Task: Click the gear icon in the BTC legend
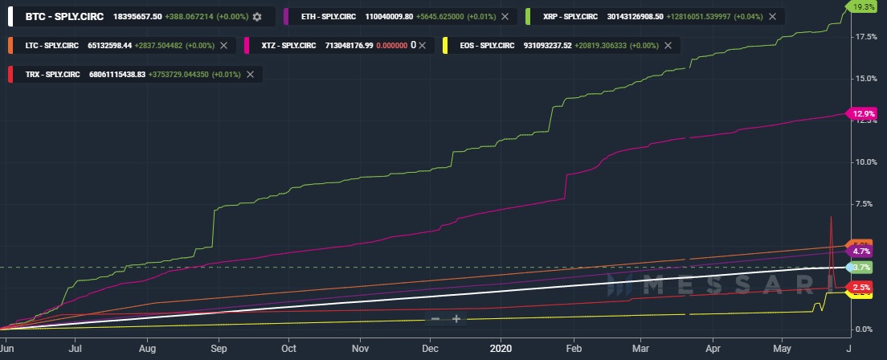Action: (257, 17)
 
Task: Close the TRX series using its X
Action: (251, 75)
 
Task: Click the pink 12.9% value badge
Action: (862, 113)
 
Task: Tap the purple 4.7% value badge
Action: (862, 252)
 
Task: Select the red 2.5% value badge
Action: (862, 288)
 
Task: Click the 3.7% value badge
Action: (862, 267)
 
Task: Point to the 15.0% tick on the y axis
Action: (865, 79)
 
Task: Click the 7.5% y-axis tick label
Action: (865, 204)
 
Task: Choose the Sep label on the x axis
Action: (219, 350)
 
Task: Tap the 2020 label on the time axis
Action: (501, 350)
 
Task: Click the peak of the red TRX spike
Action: (831, 218)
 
